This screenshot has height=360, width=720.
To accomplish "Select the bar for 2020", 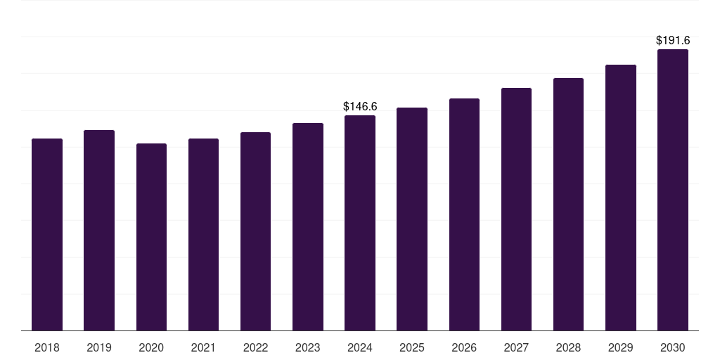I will [x=151, y=237].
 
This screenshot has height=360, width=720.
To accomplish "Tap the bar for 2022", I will [x=255, y=231].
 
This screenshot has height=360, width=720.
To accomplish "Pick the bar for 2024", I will [x=360, y=223].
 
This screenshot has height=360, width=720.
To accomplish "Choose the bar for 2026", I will [x=464, y=214].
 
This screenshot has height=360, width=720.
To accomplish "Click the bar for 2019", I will [x=99, y=230].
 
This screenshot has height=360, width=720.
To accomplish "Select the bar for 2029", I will [x=620, y=198].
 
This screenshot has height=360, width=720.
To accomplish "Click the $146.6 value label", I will [x=360, y=107].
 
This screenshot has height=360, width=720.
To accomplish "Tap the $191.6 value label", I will [x=672, y=41].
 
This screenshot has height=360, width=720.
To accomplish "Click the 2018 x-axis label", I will [x=47, y=347].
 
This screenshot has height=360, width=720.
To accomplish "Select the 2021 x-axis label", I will [x=203, y=347].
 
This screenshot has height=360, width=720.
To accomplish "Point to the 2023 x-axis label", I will [x=307, y=347].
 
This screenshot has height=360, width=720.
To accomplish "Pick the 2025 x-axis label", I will [x=412, y=347].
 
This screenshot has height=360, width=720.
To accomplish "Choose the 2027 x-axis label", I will [x=516, y=347].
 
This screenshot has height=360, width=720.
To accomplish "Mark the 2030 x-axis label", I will [x=672, y=347].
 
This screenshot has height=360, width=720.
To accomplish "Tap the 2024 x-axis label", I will [x=360, y=347].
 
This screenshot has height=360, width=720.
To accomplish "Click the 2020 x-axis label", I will [x=151, y=347].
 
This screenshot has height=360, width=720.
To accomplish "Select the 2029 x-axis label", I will [x=620, y=347].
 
